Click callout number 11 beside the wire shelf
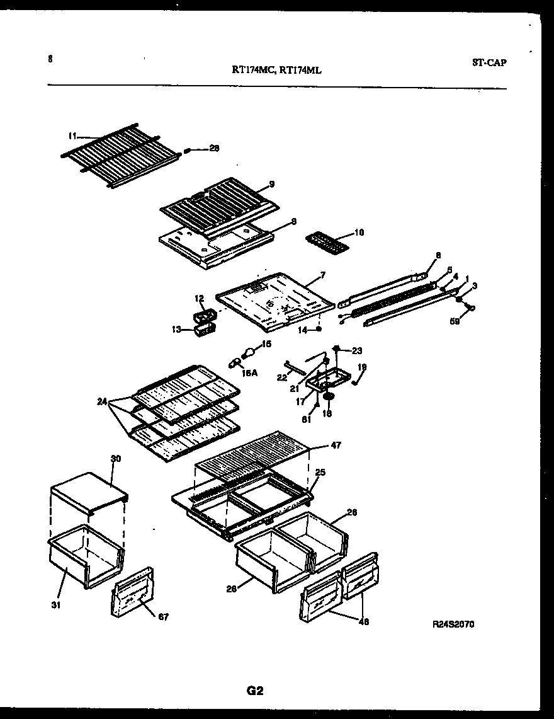tap(72, 135)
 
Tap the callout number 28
tap(214, 149)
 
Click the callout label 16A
tap(250, 373)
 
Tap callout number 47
tap(335, 446)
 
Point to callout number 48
tap(363, 622)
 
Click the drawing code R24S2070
tap(453, 624)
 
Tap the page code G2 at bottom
tap(254, 691)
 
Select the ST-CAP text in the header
tap(489, 62)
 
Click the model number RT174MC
tap(253, 71)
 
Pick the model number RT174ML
tap(300, 71)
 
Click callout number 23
tap(357, 350)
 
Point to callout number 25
tap(320, 472)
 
